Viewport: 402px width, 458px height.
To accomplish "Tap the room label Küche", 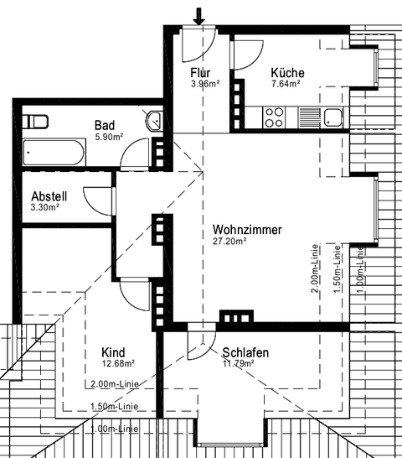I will [x=287, y=73].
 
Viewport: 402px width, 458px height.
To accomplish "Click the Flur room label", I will [x=200, y=73].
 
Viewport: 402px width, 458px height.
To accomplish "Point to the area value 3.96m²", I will [x=204, y=84].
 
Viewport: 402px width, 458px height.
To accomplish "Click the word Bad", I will [x=105, y=125].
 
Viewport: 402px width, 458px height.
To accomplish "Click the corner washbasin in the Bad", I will [x=153, y=121].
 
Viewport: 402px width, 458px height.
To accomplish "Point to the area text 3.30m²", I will [x=45, y=207].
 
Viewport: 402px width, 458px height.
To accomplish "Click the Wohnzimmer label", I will [x=247, y=230].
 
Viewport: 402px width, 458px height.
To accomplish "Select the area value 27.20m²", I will [x=229, y=242].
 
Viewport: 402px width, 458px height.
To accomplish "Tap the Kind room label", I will [x=114, y=352].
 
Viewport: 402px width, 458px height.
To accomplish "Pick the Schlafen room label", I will [x=245, y=353].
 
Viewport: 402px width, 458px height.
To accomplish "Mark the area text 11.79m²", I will [x=239, y=364].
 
